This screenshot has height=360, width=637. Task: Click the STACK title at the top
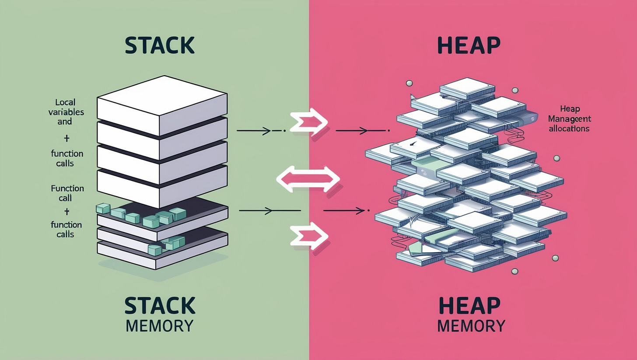click(x=159, y=45)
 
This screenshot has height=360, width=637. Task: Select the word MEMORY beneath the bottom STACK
click(x=159, y=326)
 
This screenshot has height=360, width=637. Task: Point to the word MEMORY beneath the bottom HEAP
click(x=471, y=326)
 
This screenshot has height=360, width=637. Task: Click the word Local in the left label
click(x=65, y=102)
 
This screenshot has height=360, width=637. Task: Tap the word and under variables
click(x=64, y=122)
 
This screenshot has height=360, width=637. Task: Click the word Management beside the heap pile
click(x=569, y=119)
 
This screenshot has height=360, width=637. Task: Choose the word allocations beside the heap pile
click(x=569, y=129)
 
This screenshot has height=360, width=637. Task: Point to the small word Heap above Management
click(x=569, y=109)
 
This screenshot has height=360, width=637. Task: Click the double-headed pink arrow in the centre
click(x=308, y=178)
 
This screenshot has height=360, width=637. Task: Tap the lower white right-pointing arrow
click(x=308, y=236)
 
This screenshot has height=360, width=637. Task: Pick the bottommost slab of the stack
click(x=162, y=256)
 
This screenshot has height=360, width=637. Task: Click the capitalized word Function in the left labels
click(x=67, y=189)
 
